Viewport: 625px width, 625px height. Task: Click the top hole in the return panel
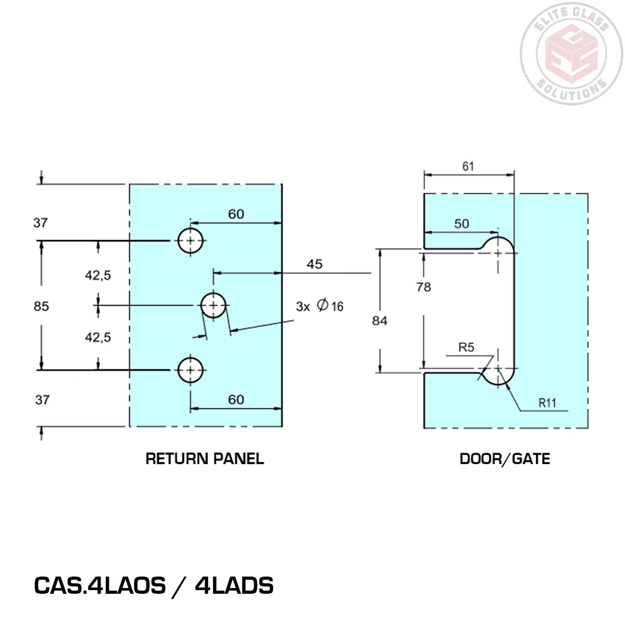(191, 241)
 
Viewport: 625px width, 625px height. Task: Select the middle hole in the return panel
(214, 305)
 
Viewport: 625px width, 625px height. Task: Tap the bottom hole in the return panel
(191, 370)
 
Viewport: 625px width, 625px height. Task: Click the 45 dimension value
(314, 264)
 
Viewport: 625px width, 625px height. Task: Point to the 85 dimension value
(41, 306)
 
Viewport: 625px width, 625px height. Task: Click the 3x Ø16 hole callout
(320, 306)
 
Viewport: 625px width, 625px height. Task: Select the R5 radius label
(466, 347)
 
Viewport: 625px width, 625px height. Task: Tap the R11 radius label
(547, 402)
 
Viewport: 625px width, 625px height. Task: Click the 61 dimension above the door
(468, 166)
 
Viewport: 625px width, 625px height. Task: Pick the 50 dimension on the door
(461, 224)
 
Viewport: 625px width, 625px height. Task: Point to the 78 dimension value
(423, 287)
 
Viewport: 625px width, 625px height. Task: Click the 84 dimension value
(380, 321)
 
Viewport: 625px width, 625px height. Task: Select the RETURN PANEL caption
(205, 459)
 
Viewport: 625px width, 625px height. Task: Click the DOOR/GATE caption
(505, 459)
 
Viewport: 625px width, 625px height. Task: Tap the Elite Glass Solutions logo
(572, 52)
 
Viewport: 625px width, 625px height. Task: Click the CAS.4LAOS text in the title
(99, 585)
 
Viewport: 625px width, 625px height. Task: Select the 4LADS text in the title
(234, 585)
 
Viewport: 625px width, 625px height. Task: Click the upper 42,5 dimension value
(98, 276)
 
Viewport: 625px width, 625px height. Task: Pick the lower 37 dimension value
(42, 399)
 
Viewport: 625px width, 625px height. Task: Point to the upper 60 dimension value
(236, 214)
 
